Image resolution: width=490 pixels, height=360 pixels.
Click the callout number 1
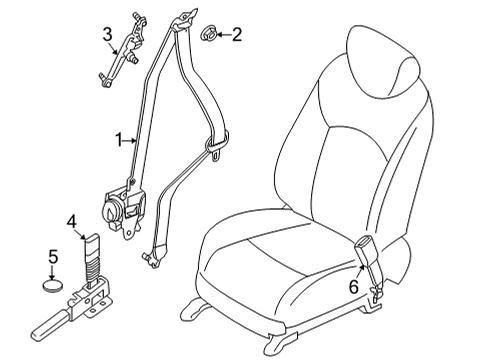tap(118, 141)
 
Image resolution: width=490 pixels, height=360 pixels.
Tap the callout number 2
tap(237, 36)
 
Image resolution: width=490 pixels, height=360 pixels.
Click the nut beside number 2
tap(209, 35)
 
